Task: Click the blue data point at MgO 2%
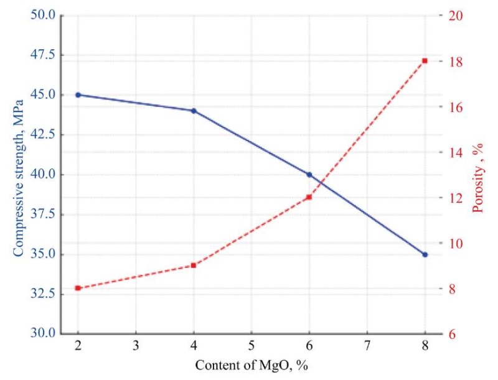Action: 78,95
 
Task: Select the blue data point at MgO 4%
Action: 194,111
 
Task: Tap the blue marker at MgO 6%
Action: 309,175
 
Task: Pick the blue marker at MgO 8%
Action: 425,254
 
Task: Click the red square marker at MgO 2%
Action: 78,288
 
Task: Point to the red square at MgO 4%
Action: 194,266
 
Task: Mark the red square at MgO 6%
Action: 309,197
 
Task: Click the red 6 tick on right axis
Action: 453,335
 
